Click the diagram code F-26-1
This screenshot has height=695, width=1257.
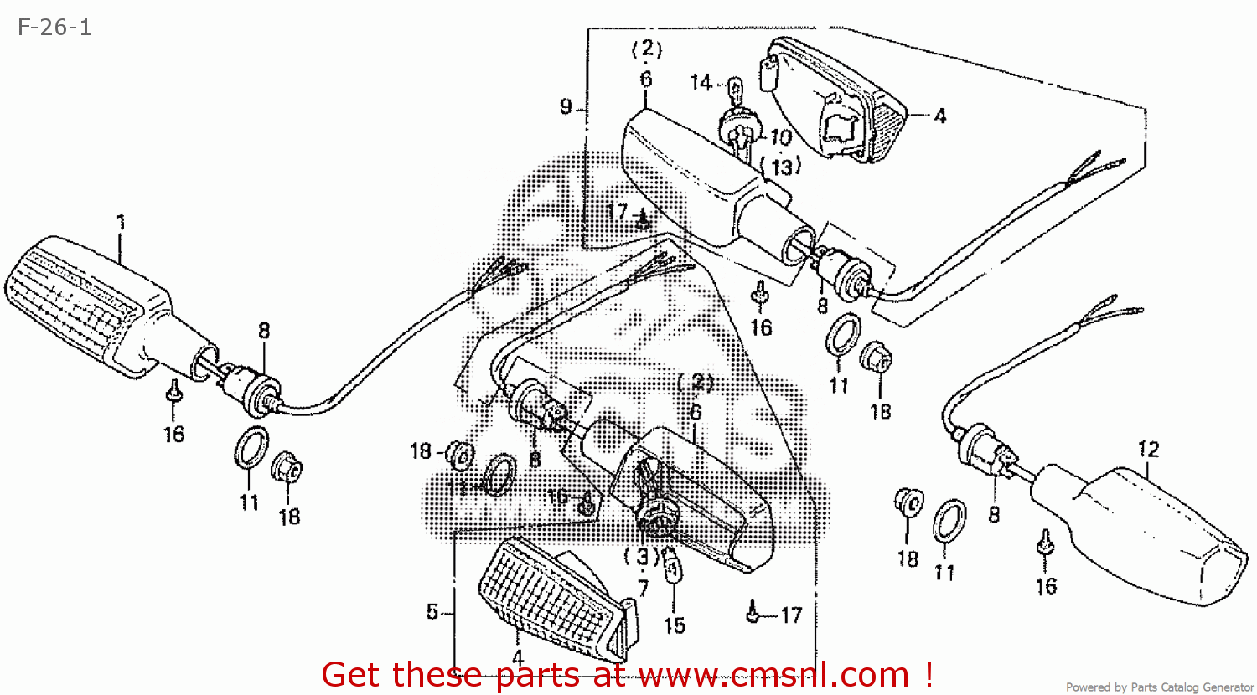54,28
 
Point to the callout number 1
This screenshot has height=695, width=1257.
121,223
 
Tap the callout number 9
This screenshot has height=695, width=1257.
566,106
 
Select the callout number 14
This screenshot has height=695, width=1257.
701,82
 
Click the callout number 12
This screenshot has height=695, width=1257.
1149,450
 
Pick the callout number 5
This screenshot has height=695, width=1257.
432,612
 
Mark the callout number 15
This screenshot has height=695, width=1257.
675,625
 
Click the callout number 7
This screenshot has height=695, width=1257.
643,588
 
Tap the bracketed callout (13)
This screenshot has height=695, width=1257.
782,167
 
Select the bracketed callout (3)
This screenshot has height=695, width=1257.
642,557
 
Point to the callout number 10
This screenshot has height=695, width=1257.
781,136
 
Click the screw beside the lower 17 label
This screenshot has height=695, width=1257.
753,615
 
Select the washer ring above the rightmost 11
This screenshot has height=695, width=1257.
949,521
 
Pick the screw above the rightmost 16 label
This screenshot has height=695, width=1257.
1045,545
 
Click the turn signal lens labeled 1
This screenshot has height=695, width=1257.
80,301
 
